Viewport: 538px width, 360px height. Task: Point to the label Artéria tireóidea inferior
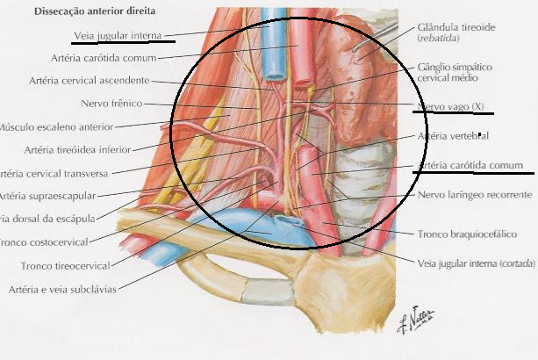[x=79, y=148]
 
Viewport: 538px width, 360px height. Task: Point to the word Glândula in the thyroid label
[x=440, y=27]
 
